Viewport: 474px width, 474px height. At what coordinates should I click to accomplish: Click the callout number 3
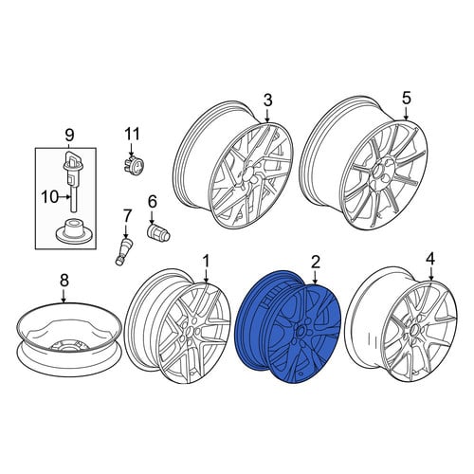(267, 100)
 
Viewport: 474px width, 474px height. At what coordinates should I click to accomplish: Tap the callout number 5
(406, 98)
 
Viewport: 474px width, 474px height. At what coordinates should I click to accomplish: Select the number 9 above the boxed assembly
(69, 135)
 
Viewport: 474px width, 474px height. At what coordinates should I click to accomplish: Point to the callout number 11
(132, 134)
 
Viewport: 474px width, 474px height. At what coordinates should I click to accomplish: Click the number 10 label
(50, 197)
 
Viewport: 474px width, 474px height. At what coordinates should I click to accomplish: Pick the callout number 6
(153, 202)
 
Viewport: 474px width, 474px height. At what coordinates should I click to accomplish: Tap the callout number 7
(126, 216)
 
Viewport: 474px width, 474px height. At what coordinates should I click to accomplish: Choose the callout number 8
(64, 281)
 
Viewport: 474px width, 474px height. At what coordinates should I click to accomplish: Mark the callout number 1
(206, 262)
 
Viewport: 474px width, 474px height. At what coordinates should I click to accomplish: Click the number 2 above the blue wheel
(316, 262)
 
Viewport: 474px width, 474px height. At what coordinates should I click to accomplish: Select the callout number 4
(430, 259)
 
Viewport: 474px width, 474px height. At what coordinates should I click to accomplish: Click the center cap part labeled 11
(133, 164)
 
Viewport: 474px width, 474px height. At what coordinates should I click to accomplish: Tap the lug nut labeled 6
(158, 233)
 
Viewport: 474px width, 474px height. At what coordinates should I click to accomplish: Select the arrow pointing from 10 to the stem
(64, 197)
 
